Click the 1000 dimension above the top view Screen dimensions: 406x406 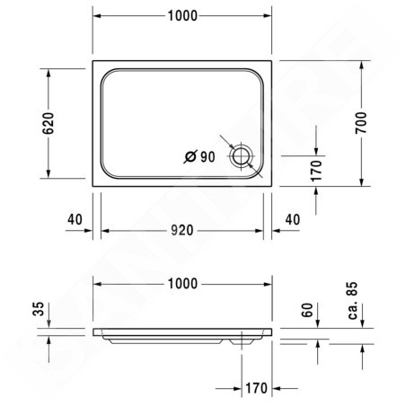click(182, 16)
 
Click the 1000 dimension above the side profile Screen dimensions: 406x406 click(182, 284)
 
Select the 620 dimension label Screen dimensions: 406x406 click(49, 123)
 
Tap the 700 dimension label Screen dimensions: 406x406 click(361, 123)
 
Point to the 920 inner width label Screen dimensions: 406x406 click(182, 230)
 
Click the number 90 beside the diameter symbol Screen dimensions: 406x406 click(207, 157)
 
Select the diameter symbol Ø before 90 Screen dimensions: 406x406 click(190, 157)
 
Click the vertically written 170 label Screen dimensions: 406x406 click(316, 171)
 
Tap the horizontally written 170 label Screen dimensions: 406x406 click(256, 388)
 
